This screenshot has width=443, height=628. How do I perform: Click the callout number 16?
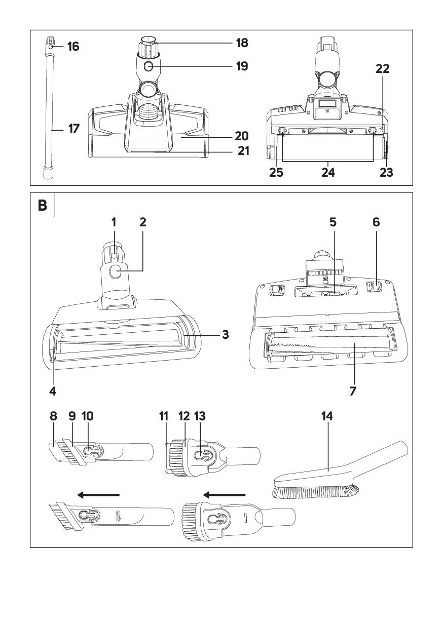tap(73, 47)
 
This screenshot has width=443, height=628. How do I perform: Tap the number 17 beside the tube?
tap(73, 129)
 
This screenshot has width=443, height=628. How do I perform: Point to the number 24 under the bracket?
tap(328, 172)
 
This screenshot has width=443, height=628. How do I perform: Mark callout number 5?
tap(333, 222)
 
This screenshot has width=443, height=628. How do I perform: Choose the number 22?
tap(383, 69)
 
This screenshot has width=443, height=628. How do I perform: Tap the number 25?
tap(276, 172)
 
